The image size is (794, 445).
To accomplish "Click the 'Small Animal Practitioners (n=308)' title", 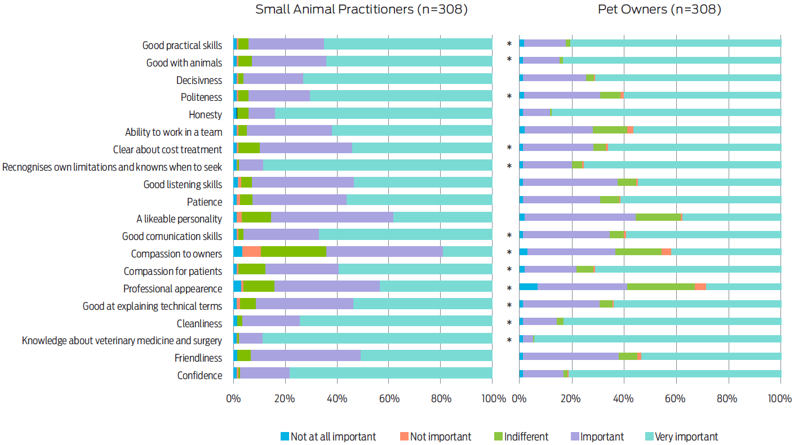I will click(361, 10).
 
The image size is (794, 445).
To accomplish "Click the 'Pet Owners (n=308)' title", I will click(659, 10).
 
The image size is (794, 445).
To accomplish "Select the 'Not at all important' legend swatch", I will click(285, 436).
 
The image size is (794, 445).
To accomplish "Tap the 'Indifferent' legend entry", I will click(521, 437).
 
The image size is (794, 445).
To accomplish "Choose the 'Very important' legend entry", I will click(681, 437).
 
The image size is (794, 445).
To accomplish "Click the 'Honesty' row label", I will click(205, 114).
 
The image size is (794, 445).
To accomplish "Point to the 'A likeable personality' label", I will click(179, 219).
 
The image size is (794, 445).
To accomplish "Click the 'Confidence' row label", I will click(199, 375).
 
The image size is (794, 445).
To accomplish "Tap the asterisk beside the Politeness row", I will click(509, 97).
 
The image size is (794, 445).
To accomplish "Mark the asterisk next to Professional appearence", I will click(509, 289).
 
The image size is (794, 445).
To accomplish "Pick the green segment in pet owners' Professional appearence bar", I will click(660, 287).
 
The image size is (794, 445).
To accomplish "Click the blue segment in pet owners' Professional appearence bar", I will click(528, 287).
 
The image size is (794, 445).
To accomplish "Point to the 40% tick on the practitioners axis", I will click(337, 399).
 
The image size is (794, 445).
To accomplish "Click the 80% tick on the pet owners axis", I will click(729, 399).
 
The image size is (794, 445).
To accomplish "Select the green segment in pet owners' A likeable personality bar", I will click(658, 217).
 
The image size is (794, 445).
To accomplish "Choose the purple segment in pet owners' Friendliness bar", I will click(570, 356).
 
